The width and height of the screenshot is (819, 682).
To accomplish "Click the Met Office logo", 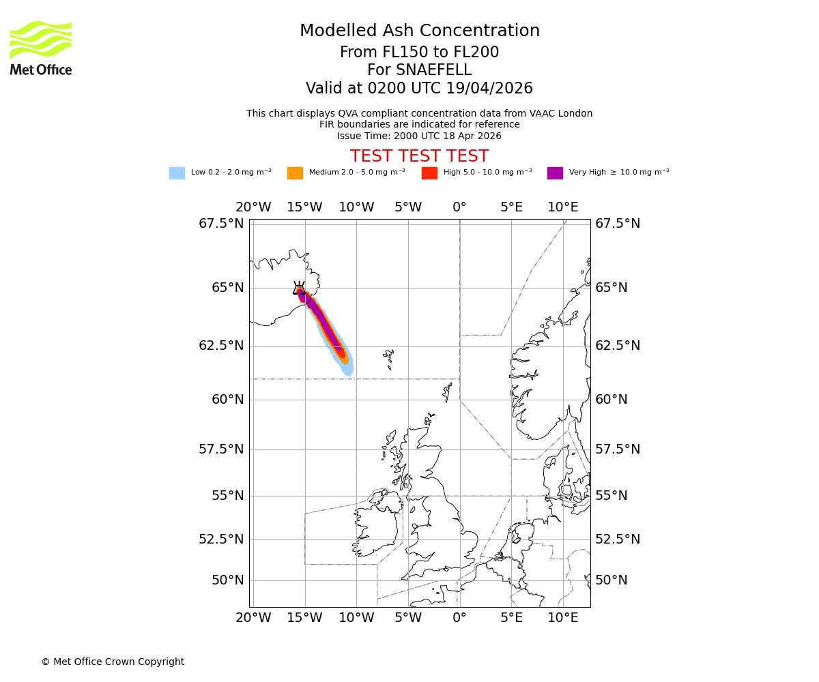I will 41,48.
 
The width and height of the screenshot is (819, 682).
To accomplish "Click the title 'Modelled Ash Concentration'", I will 419,31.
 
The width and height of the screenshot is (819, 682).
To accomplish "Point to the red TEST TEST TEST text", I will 419,156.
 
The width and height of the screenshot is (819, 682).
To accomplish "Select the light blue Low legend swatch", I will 177,173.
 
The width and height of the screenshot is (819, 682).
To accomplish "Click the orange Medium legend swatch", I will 295,173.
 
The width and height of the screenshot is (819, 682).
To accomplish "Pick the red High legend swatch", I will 429,173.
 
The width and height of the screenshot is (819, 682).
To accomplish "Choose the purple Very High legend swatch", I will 555,173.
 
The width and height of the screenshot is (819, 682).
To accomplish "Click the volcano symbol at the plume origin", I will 299,288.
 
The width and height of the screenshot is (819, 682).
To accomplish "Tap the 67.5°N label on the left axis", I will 221,224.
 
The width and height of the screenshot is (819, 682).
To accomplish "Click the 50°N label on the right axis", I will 611,580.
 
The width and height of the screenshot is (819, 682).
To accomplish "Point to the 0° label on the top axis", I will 459,207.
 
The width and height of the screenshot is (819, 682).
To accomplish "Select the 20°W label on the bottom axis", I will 253,618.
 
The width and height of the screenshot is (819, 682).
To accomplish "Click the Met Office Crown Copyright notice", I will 113,662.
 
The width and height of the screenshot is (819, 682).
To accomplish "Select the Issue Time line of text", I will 419,136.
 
